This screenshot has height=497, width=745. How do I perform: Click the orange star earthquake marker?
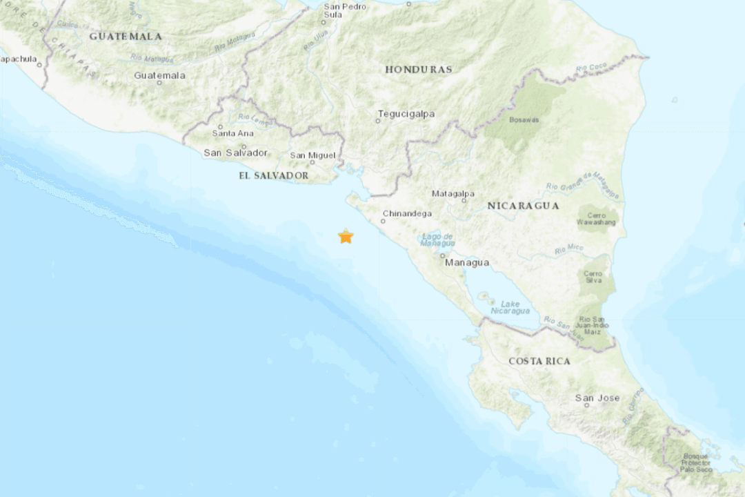(346, 237)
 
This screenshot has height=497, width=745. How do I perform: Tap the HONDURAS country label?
(418, 69)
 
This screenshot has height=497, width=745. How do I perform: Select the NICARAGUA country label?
(522, 206)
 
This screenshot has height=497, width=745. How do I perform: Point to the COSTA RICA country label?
(539, 361)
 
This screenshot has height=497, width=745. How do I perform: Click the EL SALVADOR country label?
(273, 176)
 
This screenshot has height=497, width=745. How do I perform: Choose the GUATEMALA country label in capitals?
(126, 36)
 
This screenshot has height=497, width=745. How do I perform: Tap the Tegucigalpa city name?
(406, 114)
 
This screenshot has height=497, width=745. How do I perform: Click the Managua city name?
(467, 263)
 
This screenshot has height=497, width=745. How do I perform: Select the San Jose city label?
(597, 398)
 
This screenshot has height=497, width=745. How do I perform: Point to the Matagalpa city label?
(453, 193)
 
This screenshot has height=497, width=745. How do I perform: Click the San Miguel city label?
(312, 155)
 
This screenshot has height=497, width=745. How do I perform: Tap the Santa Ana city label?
(232, 133)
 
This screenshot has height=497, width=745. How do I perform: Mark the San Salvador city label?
(235, 153)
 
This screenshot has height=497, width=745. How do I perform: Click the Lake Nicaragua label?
(510, 308)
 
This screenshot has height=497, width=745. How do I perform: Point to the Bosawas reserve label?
(524, 119)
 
